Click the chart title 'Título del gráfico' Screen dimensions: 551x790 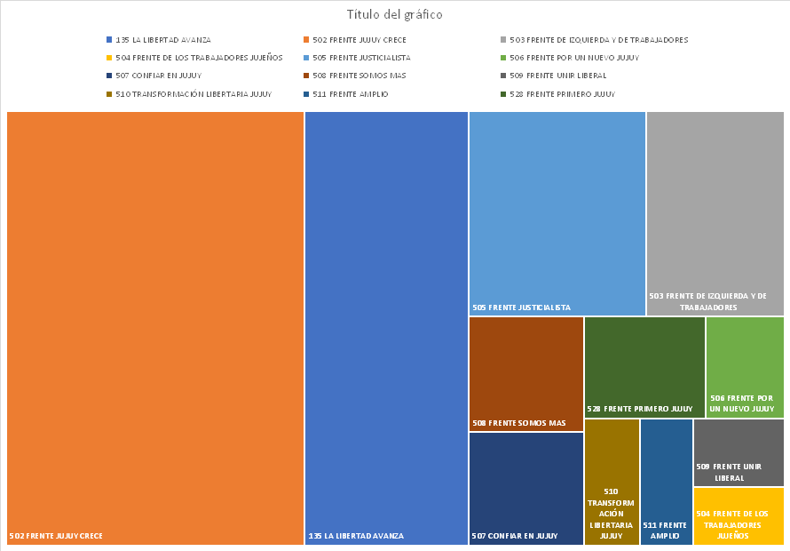coord(394,15)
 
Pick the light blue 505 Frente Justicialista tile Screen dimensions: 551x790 coord(557,213)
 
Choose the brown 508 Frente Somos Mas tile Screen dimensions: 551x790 coord(525,373)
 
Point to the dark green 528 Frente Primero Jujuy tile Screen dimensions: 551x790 coord(644,366)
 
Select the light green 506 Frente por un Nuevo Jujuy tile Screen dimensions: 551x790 coord(745,366)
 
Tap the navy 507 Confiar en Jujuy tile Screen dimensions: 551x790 coord(525,488)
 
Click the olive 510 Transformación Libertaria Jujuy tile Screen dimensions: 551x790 coord(612,481)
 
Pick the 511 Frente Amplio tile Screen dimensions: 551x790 coord(666,481)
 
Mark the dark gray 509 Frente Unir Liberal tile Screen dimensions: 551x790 coord(739,452)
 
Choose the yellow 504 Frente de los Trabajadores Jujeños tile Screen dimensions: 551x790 coord(739,515)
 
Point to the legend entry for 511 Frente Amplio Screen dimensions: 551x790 coord(350,94)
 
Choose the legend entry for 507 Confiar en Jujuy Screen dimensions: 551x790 coord(159,76)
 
